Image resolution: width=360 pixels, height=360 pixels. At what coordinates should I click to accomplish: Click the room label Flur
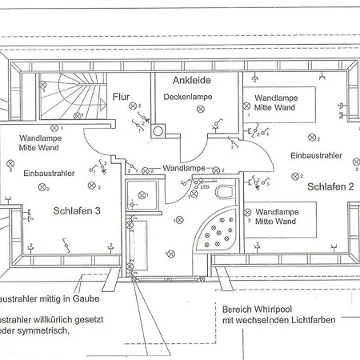click(x=121, y=96)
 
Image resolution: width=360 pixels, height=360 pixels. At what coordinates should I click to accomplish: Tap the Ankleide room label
click(x=191, y=80)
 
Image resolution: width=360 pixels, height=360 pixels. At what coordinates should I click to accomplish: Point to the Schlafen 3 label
click(x=78, y=211)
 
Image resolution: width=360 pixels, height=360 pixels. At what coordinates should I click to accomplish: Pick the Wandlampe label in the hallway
click(x=183, y=169)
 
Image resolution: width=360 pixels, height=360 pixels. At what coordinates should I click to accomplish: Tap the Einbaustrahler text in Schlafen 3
click(x=50, y=172)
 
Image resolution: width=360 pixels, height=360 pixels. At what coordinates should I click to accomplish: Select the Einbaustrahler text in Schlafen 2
click(x=316, y=156)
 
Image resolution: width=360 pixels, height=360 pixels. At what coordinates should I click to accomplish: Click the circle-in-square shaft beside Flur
click(x=158, y=131)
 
